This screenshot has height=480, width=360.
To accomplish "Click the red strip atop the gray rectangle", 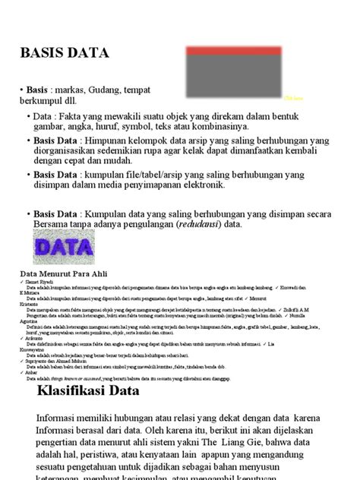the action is tap(233, 51).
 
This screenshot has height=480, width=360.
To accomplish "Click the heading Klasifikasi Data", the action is tap(88, 391).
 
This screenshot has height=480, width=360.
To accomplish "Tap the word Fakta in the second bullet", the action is tap(72, 116).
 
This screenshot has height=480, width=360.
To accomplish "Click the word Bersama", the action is tap(50, 225).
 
